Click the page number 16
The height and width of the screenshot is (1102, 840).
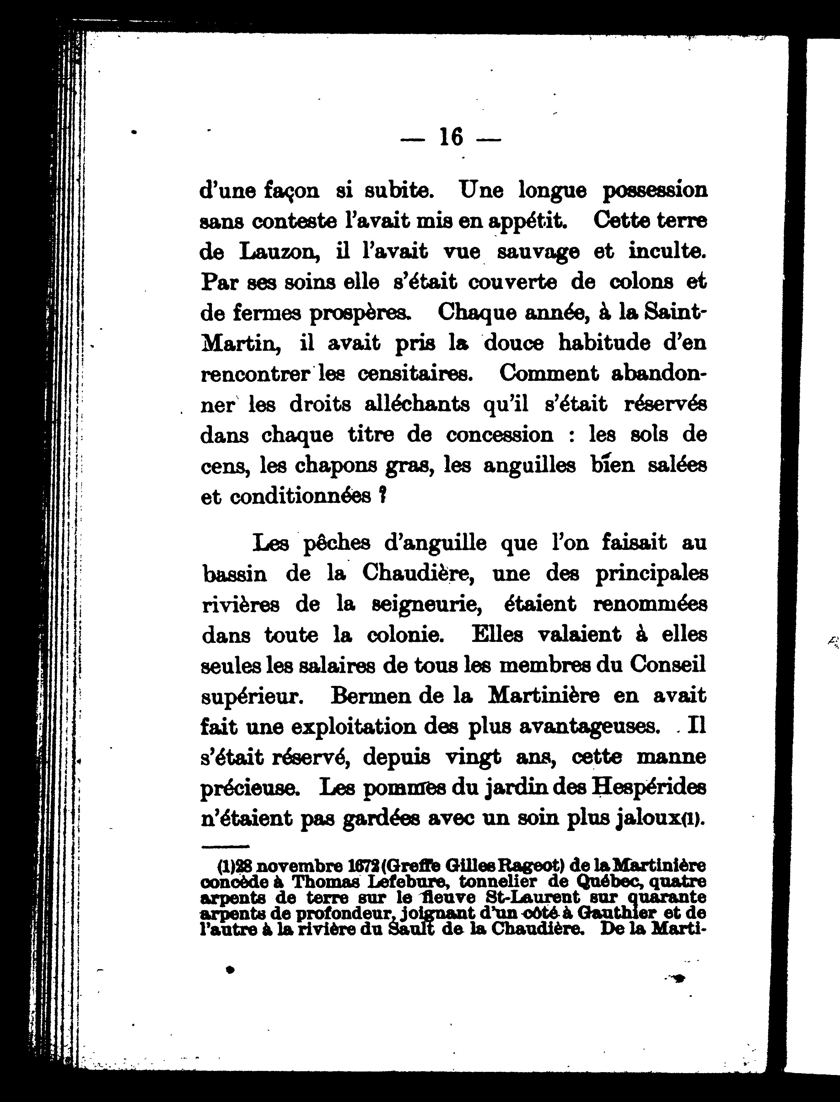[x=451, y=137]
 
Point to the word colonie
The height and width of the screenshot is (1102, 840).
[x=405, y=635]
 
